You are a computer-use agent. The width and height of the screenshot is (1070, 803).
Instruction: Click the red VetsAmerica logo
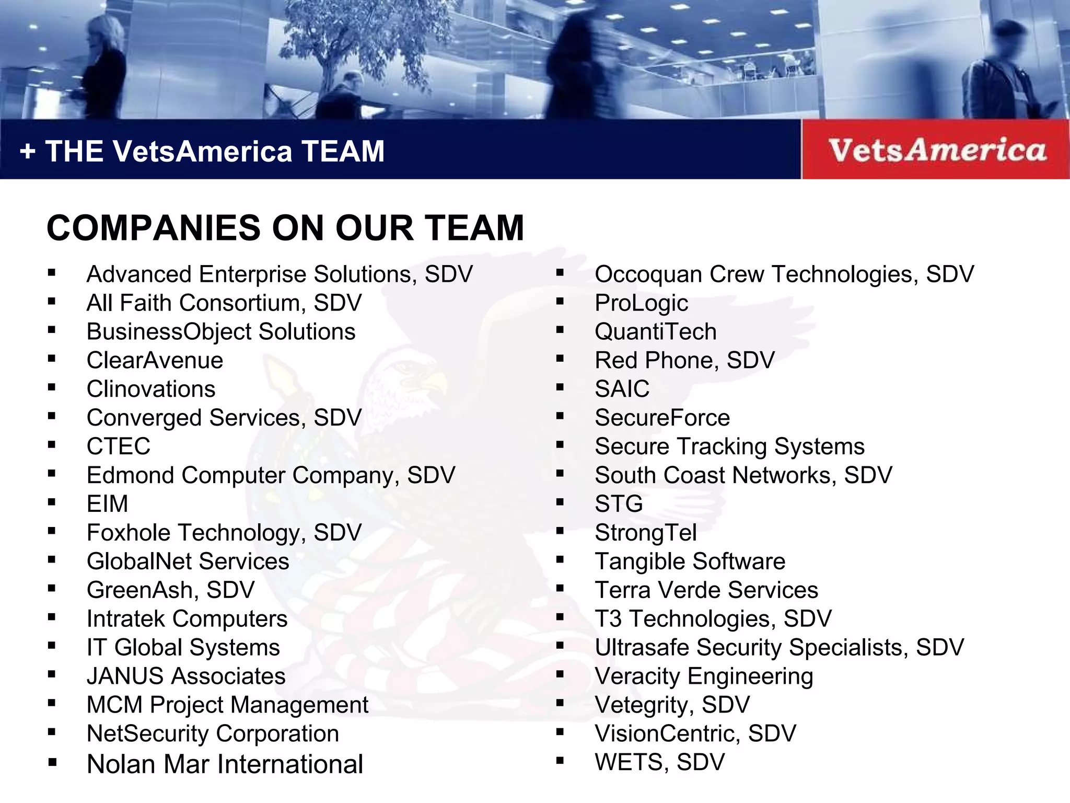click(x=937, y=150)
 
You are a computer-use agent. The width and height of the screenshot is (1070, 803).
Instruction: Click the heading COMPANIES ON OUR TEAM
click(x=285, y=228)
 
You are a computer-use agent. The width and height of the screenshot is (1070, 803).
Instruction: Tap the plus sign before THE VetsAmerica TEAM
click(x=28, y=152)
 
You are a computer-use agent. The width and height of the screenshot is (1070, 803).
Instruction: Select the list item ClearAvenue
click(x=155, y=360)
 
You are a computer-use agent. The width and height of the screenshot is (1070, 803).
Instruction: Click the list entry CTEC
click(x=118, y=446)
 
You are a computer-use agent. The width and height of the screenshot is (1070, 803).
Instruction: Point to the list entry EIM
click(x=107, y=504)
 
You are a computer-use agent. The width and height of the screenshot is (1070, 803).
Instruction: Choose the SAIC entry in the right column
click(x=622, y=389)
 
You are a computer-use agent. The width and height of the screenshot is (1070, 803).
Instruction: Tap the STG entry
click(x=619, y=504)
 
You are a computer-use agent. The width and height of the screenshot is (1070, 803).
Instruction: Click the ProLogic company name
click(x=641, y=303)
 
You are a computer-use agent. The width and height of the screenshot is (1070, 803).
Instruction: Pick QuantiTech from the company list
click(x=655, y=332)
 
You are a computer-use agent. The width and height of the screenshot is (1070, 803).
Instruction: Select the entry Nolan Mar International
click(x=225, y=764)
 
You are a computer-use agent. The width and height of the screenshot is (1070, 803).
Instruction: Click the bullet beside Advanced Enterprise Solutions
click(x=51, y=272)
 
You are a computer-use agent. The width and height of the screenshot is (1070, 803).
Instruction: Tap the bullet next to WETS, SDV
click(x=560, y=761)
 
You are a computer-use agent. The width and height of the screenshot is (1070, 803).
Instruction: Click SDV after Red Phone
click(x=750, y=360)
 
